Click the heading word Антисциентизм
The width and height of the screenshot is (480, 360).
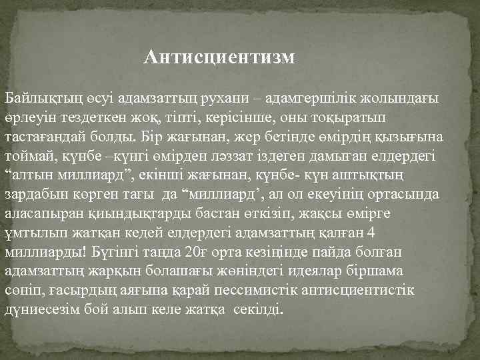click(219, 57)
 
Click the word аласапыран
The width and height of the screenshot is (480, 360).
click(39, 214)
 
